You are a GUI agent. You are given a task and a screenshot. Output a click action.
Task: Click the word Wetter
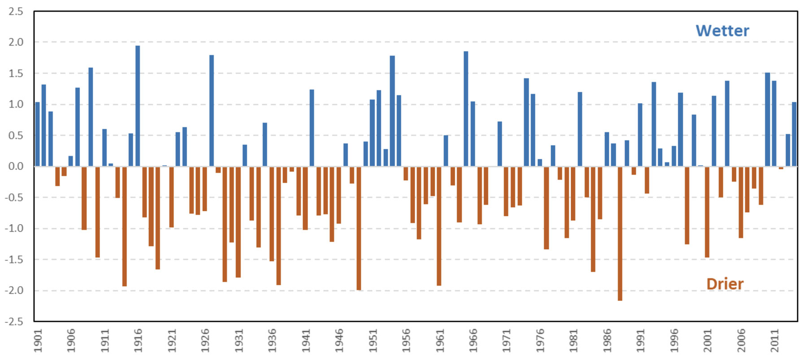[722, 30]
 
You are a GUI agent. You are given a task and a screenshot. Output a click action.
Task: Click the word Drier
[725, 284]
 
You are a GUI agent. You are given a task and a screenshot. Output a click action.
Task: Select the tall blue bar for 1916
[138, 106]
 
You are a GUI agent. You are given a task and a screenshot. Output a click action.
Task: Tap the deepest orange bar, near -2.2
[620, 233]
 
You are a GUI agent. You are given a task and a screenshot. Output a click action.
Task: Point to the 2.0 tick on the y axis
[16, 42]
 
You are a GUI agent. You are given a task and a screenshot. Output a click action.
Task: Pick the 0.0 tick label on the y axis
[16, 166]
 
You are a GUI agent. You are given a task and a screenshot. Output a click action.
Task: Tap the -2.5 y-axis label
[14, 321]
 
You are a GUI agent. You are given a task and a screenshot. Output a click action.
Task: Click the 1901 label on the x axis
[38, 341]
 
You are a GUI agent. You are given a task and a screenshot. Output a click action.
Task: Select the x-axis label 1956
[406, 341]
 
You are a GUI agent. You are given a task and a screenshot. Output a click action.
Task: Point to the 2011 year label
[775, 341]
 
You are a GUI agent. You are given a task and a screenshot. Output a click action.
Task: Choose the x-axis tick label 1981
[574, 341]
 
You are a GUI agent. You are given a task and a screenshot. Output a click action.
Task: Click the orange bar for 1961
[439, 226]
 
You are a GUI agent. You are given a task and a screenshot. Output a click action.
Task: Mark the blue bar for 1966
[473, 134]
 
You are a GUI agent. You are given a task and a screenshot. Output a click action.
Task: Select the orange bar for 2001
[707, 212]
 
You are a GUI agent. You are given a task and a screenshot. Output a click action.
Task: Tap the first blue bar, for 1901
[37, 134]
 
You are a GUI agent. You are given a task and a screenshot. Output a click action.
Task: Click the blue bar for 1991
[640, 135]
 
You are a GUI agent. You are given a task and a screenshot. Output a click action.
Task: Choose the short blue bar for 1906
[70, 161]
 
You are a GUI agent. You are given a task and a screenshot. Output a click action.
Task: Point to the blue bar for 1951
[372, 133]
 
